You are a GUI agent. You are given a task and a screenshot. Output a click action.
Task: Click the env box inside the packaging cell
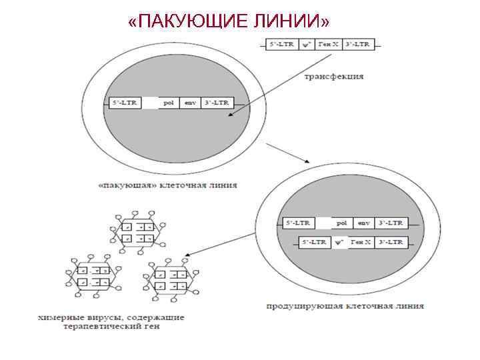(x=191, y=103)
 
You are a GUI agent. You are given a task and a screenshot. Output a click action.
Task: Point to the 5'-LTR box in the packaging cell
(x=125, y=103)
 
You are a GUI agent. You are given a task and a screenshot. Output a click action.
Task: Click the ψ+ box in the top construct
(x=306, y=45)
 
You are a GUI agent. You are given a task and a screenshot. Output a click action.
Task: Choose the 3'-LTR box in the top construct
(x=359, y=45)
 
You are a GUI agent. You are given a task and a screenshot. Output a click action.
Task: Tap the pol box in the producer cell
(x=342, y=223)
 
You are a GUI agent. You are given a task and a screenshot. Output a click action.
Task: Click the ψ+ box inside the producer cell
(x=339, y=241)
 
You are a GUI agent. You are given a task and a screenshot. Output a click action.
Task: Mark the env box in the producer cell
(x=363, y=223)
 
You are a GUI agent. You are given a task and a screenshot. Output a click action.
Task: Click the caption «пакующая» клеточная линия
(x=167, y=185)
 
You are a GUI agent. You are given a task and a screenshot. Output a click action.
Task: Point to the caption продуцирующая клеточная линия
(x=345, y=306)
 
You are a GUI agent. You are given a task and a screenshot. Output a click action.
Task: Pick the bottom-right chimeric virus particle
(x=170, y=280)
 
